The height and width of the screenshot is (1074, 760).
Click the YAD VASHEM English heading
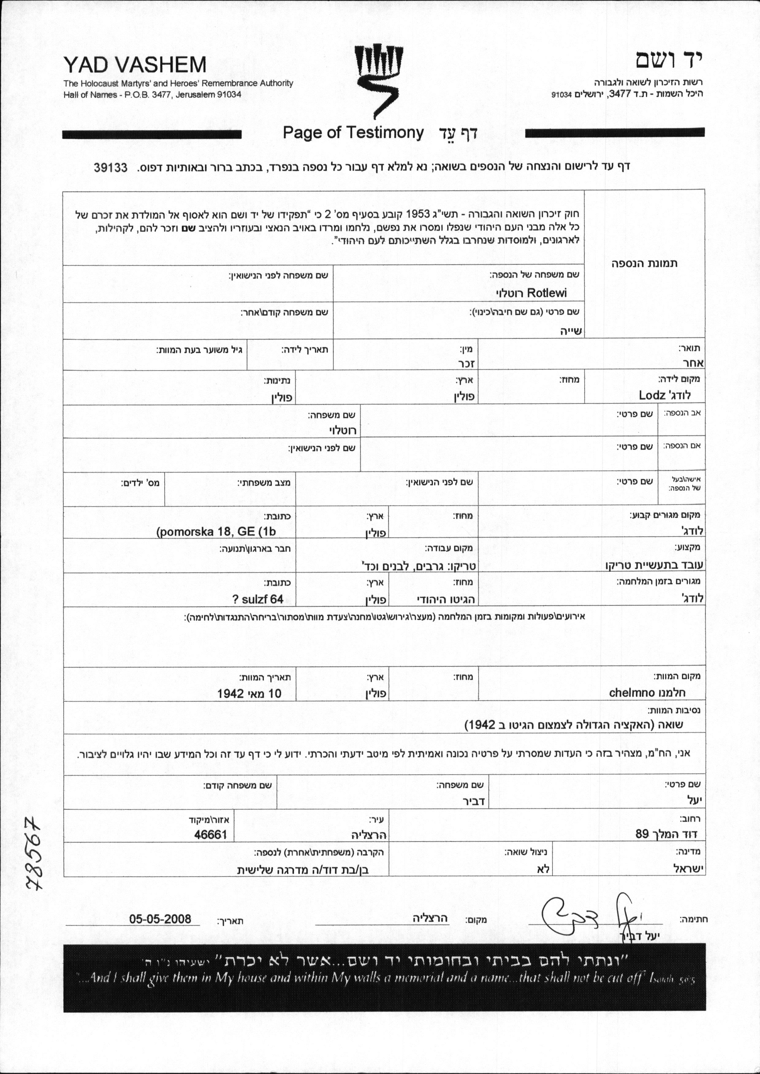(135, 65)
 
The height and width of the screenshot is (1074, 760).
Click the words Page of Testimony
(353, 133)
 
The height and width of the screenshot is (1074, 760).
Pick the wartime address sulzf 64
(258, 600)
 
